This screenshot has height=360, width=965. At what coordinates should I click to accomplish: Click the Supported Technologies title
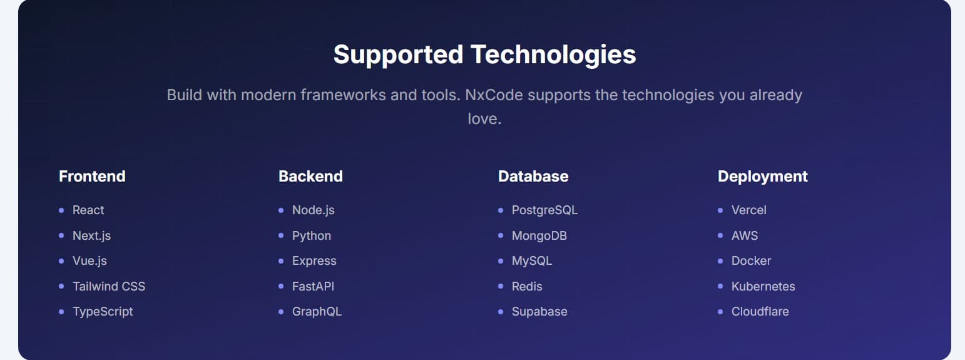pos(484,54)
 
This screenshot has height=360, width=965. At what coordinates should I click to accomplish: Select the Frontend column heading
pos(92,177)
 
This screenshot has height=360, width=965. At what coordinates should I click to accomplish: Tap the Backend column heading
pos(310,177)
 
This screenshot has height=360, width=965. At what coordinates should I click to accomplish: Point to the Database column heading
pos(533,177)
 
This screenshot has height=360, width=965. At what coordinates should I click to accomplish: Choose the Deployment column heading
pos(762,177)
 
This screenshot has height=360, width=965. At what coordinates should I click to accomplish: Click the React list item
pos(88,210)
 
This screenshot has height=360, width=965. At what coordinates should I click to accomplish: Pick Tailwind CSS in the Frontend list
pos(109,286)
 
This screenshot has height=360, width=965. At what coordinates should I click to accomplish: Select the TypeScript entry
pos(103,311)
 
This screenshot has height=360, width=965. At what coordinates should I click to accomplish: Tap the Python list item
pos(312,235)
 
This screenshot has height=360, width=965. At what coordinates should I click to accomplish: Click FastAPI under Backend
pos(313,286)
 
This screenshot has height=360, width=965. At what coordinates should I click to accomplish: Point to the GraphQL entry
pos(317,311)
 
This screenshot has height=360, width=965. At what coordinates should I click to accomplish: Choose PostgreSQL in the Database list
pos(544,210)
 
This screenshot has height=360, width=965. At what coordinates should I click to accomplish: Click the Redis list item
pos(527,286)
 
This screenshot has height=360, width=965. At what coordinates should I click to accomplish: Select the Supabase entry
pos(539,311)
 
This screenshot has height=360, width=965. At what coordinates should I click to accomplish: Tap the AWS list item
pos(744,235)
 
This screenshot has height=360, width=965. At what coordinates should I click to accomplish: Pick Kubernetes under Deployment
pos(763,286)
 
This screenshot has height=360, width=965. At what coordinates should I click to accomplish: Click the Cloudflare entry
pos(760,311)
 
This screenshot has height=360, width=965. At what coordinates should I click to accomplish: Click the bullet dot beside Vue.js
pos(61,261)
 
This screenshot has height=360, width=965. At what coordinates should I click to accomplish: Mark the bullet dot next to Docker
pos(720,261)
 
